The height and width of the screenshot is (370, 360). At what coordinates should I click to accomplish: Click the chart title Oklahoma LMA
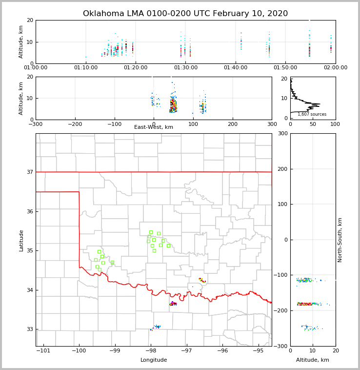click(185, 14)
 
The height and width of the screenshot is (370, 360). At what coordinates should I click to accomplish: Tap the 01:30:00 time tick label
click(185, 68)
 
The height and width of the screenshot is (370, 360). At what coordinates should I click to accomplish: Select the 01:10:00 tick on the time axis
click(85, 68)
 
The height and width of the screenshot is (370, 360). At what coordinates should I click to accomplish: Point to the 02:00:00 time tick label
click(335, 68)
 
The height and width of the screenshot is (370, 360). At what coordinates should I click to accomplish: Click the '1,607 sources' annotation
click(312, 114)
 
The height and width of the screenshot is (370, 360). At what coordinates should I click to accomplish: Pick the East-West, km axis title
click(154, 127)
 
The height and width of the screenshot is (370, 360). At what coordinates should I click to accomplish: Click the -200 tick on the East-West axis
click(75, 124)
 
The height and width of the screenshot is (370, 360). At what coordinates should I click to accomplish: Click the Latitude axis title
click(21, 240)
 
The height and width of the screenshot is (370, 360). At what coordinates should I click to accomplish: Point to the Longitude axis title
click(154, 360)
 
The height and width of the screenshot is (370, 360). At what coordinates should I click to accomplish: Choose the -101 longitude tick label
click(43, 351)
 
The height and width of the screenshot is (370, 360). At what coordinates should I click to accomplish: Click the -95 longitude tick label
click(258, 351)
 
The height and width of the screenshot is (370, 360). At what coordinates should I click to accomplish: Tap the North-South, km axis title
click(340, 240)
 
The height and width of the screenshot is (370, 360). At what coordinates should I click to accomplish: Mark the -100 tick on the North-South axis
click(280, 275)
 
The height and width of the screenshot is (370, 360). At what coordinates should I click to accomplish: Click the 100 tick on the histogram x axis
click(335, 124)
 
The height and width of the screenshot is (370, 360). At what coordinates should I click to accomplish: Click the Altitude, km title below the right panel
click(313, 360)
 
